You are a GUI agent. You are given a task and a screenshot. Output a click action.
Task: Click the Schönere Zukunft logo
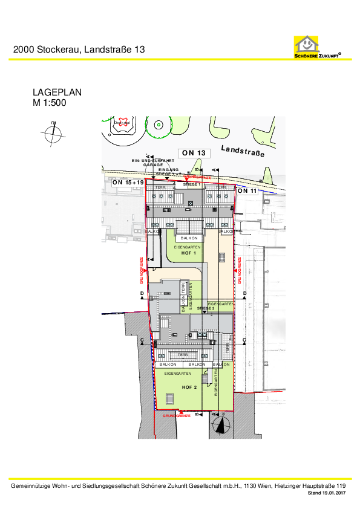317,47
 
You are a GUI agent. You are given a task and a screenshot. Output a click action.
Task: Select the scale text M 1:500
49,103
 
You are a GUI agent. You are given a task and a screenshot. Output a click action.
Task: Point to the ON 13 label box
194,153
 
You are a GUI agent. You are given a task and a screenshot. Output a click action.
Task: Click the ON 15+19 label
128,182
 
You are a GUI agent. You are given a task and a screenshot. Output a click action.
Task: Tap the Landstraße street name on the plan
243,151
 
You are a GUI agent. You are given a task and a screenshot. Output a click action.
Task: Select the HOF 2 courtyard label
190,386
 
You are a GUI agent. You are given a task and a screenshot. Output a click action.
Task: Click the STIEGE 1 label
191,184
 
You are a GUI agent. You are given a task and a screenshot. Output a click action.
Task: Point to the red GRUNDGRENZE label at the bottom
177,416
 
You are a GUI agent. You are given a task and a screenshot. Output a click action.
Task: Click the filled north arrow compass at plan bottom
220,425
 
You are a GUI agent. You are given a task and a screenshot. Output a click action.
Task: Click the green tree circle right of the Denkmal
158,125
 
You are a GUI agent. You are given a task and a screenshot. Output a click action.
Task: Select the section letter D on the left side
142,293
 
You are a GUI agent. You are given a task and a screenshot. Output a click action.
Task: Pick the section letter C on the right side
244,341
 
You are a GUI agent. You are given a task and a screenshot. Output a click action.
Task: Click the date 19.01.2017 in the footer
333,494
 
